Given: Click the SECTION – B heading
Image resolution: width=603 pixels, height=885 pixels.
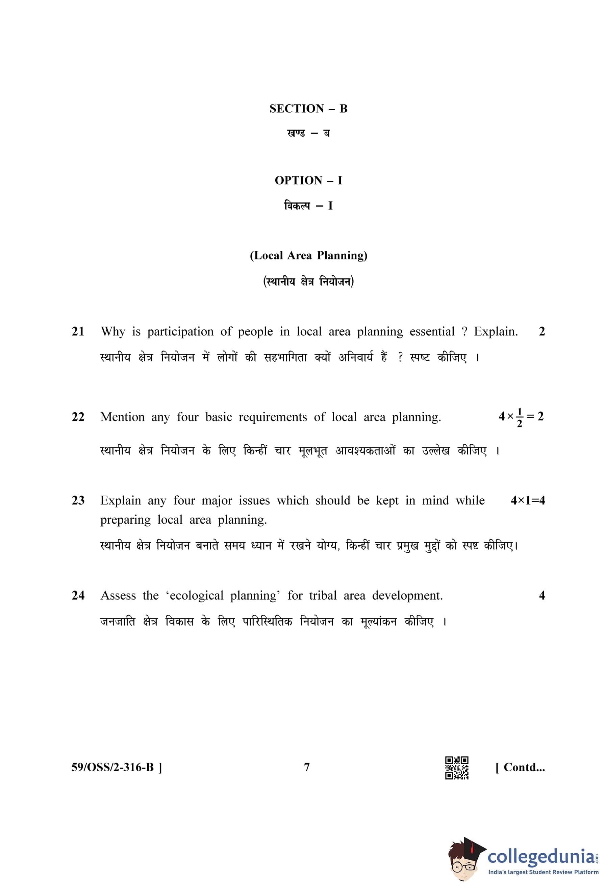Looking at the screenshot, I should [308, 109].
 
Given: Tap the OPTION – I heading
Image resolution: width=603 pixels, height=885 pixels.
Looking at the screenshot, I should [308, 181].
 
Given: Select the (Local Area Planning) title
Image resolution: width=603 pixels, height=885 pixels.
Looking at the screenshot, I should [308, 255].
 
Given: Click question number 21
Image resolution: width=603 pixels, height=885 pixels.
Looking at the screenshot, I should [78, 332].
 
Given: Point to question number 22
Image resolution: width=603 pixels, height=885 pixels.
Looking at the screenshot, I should [78, 417].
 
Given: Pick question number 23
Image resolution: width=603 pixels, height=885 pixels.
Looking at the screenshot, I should [78, 500].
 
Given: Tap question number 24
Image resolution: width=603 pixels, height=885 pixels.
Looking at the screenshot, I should [78, 596].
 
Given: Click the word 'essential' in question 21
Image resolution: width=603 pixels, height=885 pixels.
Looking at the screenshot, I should [432, 332].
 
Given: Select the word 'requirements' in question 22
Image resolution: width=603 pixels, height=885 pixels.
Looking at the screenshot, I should [273, 417].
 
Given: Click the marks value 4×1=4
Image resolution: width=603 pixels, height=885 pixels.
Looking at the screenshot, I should [528, 500].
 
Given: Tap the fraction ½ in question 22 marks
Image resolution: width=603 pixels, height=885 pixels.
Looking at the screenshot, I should [519, 417].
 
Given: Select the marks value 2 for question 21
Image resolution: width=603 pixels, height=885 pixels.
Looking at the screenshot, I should [542, 332].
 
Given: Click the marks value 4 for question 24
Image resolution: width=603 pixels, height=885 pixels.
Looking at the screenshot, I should [542, 596].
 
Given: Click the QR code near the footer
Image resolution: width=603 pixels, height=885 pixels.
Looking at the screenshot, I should [457, 767].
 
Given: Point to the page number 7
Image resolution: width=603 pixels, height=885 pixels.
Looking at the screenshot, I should [307, 767].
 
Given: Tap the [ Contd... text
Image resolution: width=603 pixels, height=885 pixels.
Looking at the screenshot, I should [520, 767].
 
